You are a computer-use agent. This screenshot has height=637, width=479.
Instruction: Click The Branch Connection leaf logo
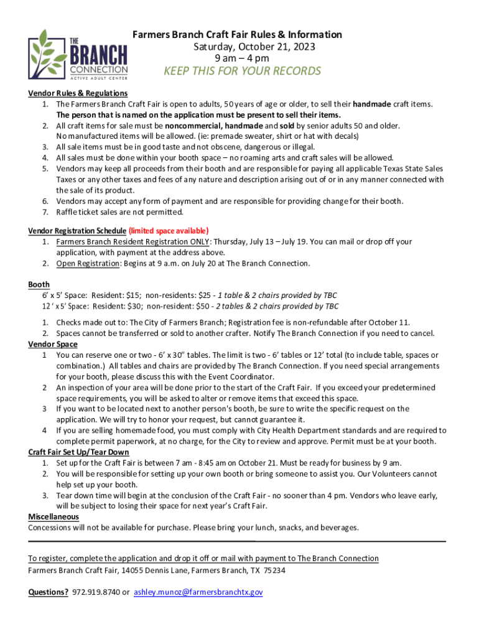(78, 55)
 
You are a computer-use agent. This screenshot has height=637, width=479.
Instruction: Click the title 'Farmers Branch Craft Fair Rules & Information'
(236, 35)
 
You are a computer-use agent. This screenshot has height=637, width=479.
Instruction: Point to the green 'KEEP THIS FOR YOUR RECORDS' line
(242, 71)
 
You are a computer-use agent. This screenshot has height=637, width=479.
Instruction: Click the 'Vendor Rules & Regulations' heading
(78, 93)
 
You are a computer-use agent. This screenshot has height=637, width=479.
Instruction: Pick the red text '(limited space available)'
(169, 231)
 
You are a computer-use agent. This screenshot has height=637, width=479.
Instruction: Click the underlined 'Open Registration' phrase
(88, 263)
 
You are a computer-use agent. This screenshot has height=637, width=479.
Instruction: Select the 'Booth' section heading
(39, 284)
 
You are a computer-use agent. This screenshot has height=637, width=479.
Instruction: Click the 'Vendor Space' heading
(53, 344)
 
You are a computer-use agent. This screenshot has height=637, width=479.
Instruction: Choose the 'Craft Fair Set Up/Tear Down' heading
(78, 452)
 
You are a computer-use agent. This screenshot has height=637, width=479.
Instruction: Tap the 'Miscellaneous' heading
(53, 517)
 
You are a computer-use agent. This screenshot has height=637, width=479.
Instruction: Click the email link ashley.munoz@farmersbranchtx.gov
(198, 592)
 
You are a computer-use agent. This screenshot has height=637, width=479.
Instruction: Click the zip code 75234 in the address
(274, 570)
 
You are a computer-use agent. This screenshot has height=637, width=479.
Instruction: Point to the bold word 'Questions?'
(48, 592)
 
